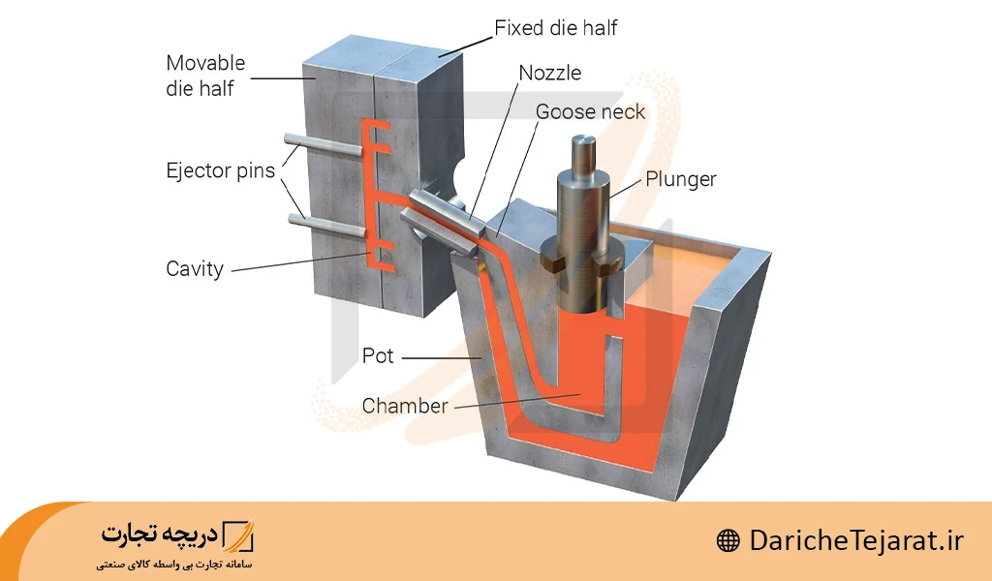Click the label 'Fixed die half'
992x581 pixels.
(x=555, y=28)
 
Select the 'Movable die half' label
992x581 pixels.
(x=205, y=76)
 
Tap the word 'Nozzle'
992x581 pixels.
(x=551, y=74)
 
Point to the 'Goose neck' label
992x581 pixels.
(x=590, y=112)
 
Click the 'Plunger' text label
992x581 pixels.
(x=681, y=179)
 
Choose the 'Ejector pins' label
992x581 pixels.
(x=220, y=171)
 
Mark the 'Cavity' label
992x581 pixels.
(x=195, y=269)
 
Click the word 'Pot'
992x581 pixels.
(x=378, y=356)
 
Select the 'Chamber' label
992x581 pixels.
(x=405, y=406)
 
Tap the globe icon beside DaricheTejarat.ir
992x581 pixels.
(x=728, y=541)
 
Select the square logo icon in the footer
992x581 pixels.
(x=237, y=535)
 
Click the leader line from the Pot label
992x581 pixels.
(x=441, y=357)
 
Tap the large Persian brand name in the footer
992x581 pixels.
(x=159, y=535)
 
